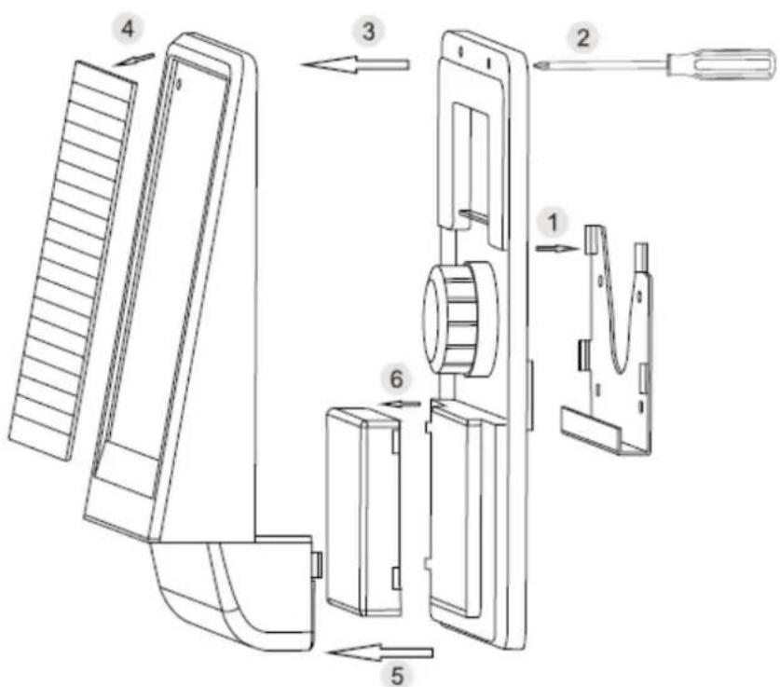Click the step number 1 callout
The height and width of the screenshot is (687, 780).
coord(553,223)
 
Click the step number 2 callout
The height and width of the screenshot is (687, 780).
coord(582,38)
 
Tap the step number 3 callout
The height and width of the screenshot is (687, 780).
coord(368,32)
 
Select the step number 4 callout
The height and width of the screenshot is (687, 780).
coord(128,29)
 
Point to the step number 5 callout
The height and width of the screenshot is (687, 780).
coord(396,676)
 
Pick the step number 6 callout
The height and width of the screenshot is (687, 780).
coord(396,380)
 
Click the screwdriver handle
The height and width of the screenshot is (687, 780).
coord(721,64)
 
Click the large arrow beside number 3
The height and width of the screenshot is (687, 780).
coord(354,64)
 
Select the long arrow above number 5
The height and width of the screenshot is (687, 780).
coord(378,653)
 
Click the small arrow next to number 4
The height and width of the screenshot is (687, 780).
coord(134,60)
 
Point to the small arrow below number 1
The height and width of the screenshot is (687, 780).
coord(557,248)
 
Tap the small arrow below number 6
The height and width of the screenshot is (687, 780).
coord(402,404)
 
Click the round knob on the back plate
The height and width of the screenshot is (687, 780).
coord(460,319)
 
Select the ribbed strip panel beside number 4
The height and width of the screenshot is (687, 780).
coord(72,259)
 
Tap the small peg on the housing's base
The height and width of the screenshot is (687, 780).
coord(317,565)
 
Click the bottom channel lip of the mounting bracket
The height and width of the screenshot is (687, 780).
coord(605,432)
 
